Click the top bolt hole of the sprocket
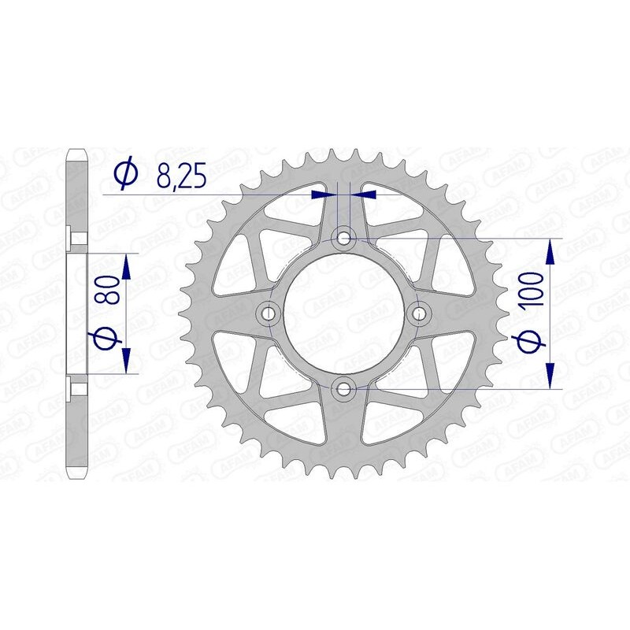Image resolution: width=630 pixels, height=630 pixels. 344,237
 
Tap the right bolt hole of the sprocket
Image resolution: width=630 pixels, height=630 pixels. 419,313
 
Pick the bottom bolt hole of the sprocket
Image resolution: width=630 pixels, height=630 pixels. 344,387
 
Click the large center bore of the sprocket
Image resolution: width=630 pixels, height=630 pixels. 344,313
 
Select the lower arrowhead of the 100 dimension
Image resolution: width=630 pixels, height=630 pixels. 550,375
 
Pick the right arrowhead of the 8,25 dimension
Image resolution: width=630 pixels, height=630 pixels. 362,192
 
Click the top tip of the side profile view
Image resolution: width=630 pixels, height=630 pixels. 77,150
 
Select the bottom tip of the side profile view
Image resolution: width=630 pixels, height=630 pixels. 77,476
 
